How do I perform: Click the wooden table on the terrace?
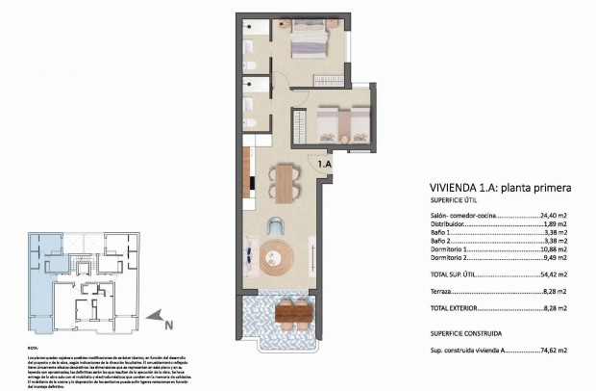tap(294, 313)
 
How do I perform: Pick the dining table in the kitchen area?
tap(282, 184)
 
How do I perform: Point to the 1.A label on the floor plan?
tap(325, 165)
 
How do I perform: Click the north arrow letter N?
tap(167, 325)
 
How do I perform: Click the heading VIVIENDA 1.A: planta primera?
tap(498, 188)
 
